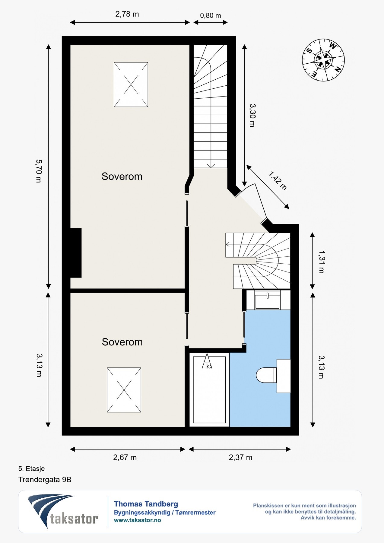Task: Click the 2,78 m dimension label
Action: [127, 14]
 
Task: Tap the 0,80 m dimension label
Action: [211, 15]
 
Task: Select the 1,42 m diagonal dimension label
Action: [278, 180]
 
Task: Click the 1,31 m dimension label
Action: [322, 262]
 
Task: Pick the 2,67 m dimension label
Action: [125, 457]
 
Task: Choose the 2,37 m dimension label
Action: [240, 457]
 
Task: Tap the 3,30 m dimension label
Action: [252, 115]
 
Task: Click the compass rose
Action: [323, 60]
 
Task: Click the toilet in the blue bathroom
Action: [266, 375]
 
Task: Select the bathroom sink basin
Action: [268, 300]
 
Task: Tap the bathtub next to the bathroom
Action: [209, 390]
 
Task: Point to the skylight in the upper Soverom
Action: [131, 84]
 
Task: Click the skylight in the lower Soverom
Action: [124, 390]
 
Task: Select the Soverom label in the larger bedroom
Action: [122, 176]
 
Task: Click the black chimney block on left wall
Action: [76, 253]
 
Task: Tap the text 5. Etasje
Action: [31, 468]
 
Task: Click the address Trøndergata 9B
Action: [45, 479]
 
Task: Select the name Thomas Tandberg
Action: [146, 504]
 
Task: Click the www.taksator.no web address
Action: [138, 520]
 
